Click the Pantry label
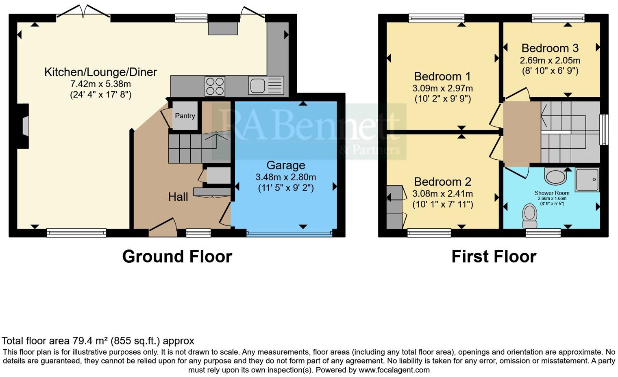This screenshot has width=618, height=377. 185,116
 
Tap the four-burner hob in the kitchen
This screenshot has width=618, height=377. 215,86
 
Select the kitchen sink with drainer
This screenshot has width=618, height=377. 266,86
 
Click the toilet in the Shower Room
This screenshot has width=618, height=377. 530,216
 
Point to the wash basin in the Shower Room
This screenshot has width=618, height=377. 555,177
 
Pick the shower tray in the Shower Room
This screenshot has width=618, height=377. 587,180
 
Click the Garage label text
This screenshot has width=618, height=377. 286,165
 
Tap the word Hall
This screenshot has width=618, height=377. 178,197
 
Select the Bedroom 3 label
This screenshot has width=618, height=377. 550,48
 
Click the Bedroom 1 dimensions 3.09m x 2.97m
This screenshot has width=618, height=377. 442,89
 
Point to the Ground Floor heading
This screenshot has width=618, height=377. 177,257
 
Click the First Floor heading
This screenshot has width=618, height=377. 494,257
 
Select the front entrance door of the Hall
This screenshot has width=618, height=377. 163,228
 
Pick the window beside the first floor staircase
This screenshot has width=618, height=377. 605,130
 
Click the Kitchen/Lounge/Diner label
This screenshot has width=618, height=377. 100,72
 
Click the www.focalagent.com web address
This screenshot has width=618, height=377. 394,370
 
